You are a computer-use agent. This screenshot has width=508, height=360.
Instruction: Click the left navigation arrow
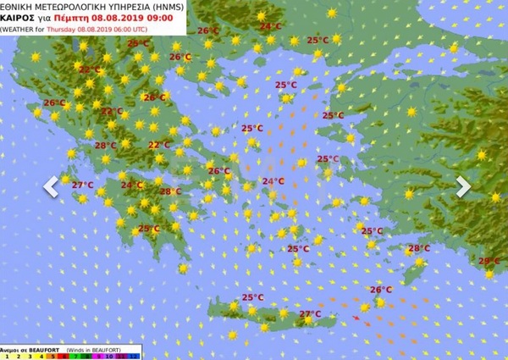(x=51, y=186)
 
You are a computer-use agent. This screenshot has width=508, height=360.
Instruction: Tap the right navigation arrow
(x=462, y=186)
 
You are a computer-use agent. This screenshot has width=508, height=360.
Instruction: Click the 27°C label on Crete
(x=310, y=314)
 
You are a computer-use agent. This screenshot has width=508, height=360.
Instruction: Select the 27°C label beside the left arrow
(x=82, y=185)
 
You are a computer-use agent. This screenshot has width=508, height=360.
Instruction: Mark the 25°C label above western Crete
(x=252, y=297)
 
